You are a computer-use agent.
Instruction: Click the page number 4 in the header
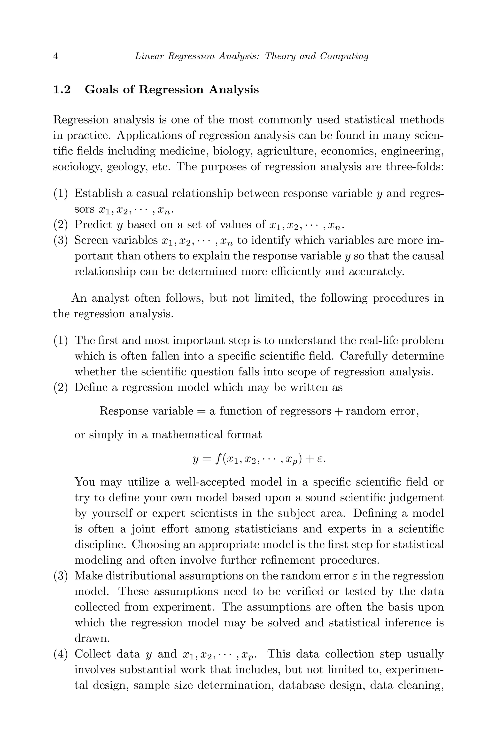click(56, 56)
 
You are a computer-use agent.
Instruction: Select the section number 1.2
click(62, 90)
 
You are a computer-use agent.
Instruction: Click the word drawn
click(91, 638)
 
